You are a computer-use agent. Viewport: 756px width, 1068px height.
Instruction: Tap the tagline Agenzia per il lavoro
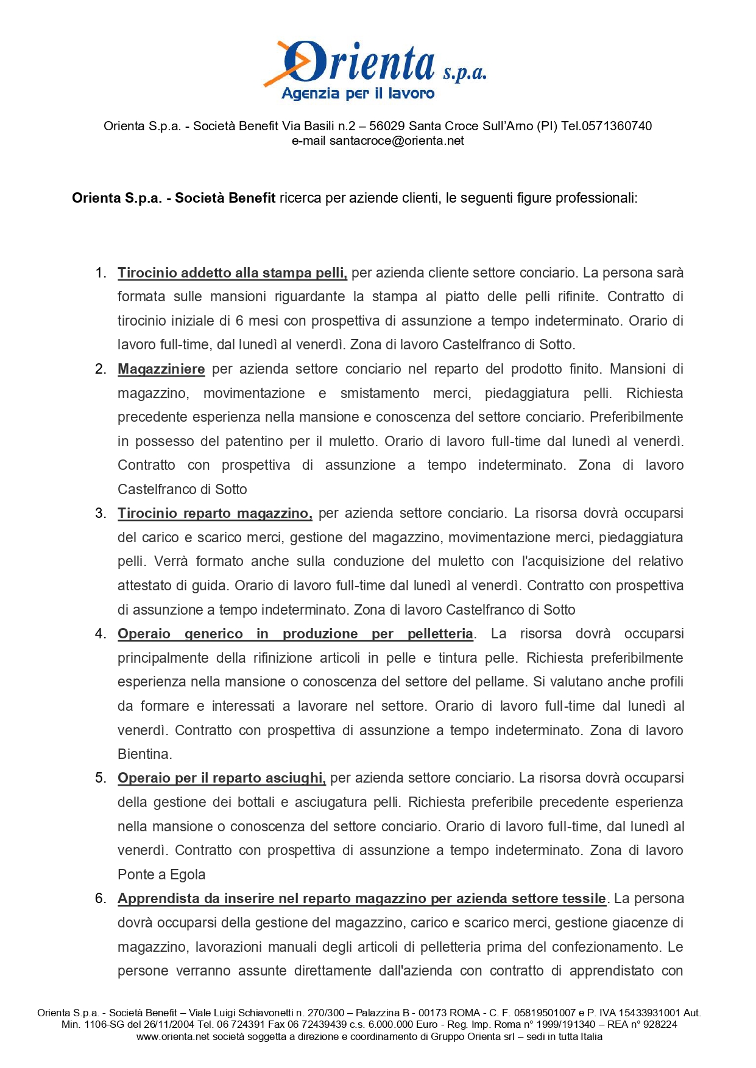click(358, 94)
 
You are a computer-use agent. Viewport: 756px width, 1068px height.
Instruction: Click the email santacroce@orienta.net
click(397, 141)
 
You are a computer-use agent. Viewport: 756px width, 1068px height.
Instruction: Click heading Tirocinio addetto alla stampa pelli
click(232, 273)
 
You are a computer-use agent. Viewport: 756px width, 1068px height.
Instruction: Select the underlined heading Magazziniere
click(161, 369)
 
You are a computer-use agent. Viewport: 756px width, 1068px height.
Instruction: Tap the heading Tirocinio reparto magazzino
click(214, 514)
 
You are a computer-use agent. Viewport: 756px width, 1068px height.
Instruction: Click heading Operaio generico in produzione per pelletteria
click(295, 634)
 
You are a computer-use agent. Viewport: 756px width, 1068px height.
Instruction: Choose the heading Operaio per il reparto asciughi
click(221, 778)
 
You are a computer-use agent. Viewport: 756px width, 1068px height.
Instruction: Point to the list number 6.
click(101, 899)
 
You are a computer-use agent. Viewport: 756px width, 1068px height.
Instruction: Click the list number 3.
click(101, 514)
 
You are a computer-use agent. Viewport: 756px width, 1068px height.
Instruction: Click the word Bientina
click(144, 755)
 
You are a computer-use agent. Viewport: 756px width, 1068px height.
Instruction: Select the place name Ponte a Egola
click(161, 875)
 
